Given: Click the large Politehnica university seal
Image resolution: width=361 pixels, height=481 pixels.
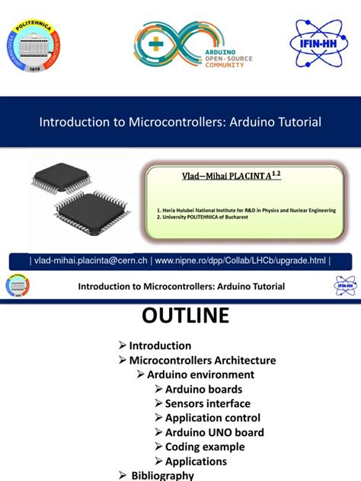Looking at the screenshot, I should click(x=37, y=45).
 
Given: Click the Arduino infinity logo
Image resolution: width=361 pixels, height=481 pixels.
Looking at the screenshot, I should click(x=174, y=45).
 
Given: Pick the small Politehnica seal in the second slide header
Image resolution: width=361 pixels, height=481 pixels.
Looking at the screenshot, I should click(x=18, y=287).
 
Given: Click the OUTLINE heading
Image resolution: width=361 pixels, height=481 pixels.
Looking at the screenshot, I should click(x=181, y=316).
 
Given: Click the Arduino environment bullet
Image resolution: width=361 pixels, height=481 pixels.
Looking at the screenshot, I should click(x=200, y=374).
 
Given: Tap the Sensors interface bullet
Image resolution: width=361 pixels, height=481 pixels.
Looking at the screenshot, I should click(x=207, y=403).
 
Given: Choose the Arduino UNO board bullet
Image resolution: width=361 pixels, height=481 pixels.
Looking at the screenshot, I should click(x=214, y=432).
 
